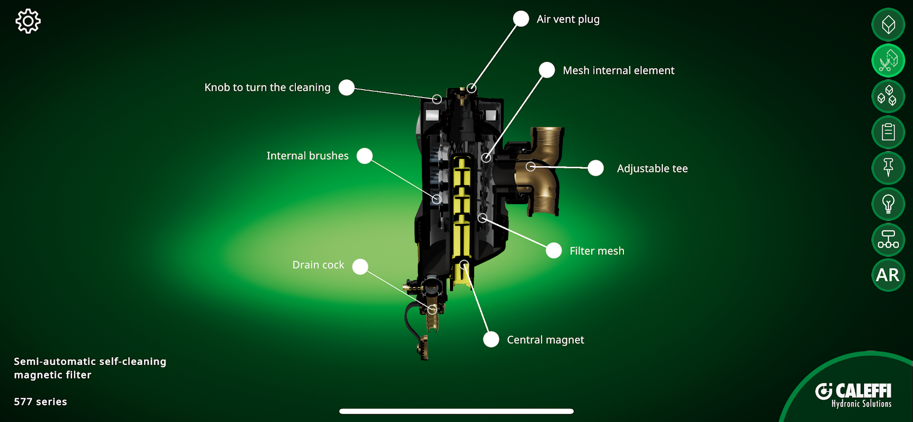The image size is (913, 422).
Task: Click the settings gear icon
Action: tap(28, 22)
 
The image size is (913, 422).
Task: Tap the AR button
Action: tap(888, 275)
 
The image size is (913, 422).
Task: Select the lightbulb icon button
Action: tap(888, 204)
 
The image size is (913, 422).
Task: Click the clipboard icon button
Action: tap(888, 132)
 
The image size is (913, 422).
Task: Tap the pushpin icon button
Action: tap(888, 168)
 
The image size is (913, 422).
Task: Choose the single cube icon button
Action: tap(888, 25)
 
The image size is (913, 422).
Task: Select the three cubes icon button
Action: tap(888, 96)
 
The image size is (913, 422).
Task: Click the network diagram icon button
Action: tap(888, 239)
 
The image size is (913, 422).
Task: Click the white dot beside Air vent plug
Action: tap(521, 19)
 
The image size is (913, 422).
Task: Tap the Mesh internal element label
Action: tap(618, 71)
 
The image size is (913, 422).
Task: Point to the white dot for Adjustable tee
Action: tap(595, 168)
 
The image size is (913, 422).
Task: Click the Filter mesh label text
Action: tap(597, 251)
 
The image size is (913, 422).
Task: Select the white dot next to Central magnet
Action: tap(491, 340)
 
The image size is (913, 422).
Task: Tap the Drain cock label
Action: tap(318, 265)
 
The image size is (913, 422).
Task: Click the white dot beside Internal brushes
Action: tap(364, 156)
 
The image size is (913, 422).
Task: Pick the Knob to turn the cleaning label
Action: tap(267, 88)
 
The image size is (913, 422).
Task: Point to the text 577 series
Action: tap(41, 402)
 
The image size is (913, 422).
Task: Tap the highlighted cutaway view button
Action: tap(888, 61)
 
